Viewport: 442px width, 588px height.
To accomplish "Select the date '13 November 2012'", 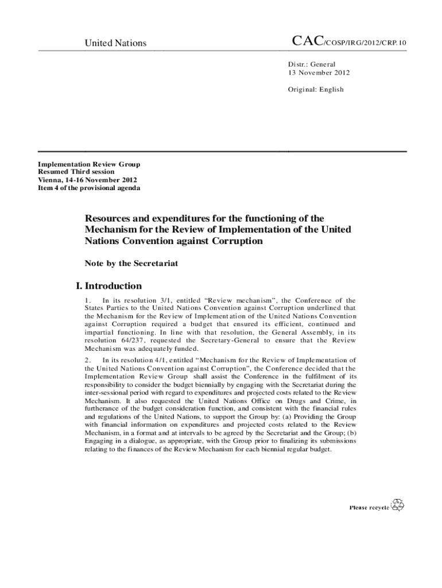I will tap(319, 73).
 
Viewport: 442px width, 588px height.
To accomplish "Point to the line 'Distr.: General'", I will tap(312, 64).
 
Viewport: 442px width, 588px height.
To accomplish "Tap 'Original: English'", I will tap(316, 89).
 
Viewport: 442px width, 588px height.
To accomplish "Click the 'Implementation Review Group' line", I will tap(89, 164).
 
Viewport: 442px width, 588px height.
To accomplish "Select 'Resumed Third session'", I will tap(76, 172).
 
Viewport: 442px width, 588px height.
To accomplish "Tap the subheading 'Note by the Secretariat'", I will tap(131, 264).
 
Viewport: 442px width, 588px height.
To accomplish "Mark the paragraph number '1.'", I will tap(88, 300).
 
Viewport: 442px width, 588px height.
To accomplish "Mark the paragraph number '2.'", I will tap(88, 360).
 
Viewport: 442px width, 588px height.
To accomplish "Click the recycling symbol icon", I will tap(398, 505).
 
